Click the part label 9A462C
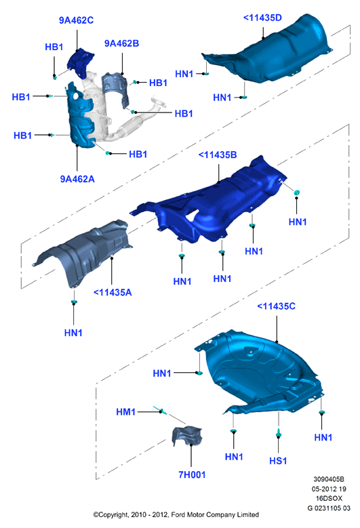76,20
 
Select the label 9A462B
121,43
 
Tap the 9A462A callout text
77,179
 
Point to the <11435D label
262,18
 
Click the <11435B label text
218,155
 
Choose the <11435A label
113,292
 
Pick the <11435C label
276,306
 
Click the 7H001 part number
192,474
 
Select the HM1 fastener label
125,412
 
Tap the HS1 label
278,461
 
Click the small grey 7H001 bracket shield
187,436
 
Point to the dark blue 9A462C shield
81,64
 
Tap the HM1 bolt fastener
161,411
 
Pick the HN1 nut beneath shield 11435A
74,302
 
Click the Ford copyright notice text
176,514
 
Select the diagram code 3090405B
329,479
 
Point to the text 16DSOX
329,498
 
